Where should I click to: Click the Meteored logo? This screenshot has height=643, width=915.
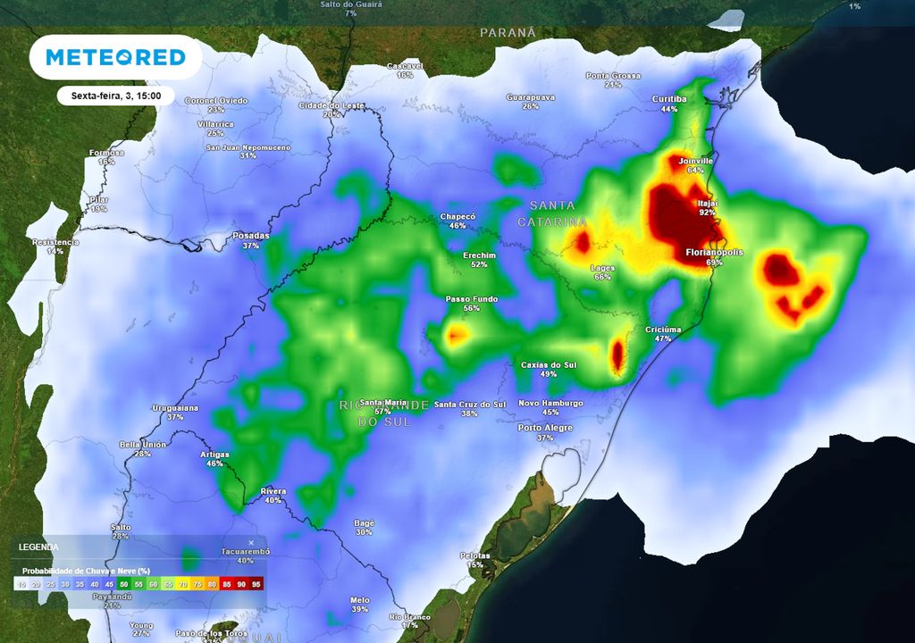tap(115, 58)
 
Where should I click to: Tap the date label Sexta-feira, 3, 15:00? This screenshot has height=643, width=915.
tap(110, 96)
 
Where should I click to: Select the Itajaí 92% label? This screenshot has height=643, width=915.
tap(708, 208)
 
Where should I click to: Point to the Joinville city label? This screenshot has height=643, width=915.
tap(696, 162)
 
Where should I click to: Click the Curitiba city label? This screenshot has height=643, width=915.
tap(669, 99)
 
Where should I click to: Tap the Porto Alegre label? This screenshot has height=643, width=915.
tap(545, 428)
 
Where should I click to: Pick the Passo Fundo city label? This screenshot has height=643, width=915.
tap(471, 299)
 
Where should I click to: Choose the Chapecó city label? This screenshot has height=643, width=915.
tap(457, 217)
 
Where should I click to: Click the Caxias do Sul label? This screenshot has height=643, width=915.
tap(549, 365)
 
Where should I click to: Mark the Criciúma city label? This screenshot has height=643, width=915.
tap(663, 330)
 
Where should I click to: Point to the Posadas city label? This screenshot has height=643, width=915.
tap(250, 236)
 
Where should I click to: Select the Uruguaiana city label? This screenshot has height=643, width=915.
tap(175, 408)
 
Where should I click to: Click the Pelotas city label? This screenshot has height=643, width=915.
tap(474, 555)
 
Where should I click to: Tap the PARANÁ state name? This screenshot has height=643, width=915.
tap(508, 32)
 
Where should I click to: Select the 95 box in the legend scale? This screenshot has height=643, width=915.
tap(256, 584)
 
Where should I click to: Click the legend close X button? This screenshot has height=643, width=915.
tap(251, 542)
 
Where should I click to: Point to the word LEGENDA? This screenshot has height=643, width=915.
tap(38, 547)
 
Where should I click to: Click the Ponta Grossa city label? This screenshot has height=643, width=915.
tap(613, 76)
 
